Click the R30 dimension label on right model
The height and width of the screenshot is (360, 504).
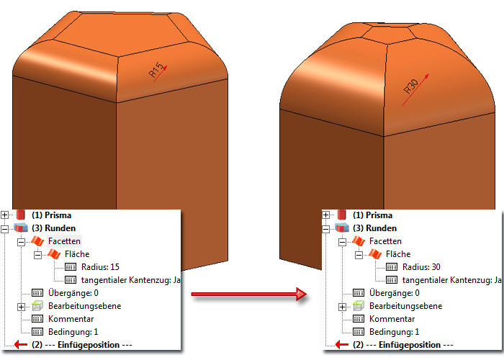pyautogui.click(x=412, y=87)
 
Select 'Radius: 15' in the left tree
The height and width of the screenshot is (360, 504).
pyautogui.click(x=100, y=267)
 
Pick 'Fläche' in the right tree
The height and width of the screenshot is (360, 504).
pyautogui.click(x=399, y=254)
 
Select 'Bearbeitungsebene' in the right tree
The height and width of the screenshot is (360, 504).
pyautogui.click(x=407, y=306)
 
